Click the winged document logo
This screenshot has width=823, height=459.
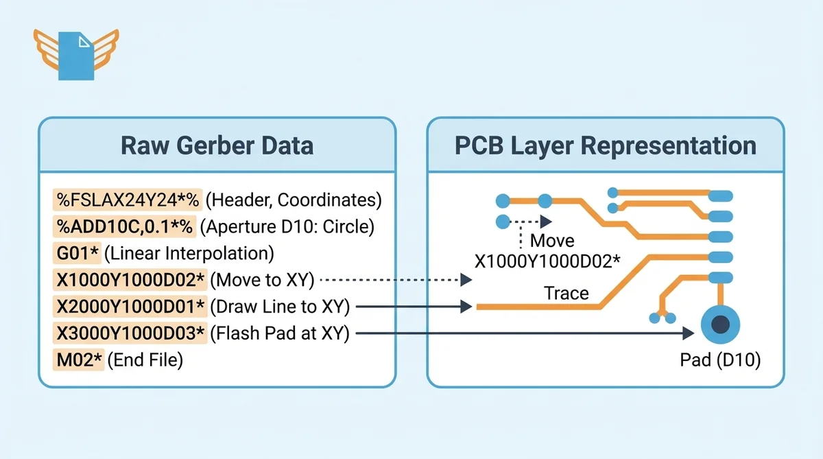coord(76,54)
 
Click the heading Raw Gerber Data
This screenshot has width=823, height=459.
coord(217,145)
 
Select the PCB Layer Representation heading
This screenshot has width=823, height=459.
coord(605,145)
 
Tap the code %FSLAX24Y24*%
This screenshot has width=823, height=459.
coord(128,200)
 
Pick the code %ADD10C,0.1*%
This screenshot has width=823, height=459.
coord(126,226)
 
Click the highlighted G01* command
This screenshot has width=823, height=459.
coord(78,252)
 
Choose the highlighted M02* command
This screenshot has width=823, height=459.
coord(79,360)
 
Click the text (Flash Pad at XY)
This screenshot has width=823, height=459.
coord(280,333)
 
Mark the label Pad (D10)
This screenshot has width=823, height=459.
coord(720,360)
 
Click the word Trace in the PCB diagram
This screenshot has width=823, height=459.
coord(566,293)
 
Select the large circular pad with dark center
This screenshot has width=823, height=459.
coord(720,325)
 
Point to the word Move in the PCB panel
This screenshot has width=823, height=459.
coord(553,241)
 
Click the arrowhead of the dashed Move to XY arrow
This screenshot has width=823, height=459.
coord(466,280)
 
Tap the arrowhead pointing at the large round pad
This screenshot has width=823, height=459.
coord(688,333)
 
